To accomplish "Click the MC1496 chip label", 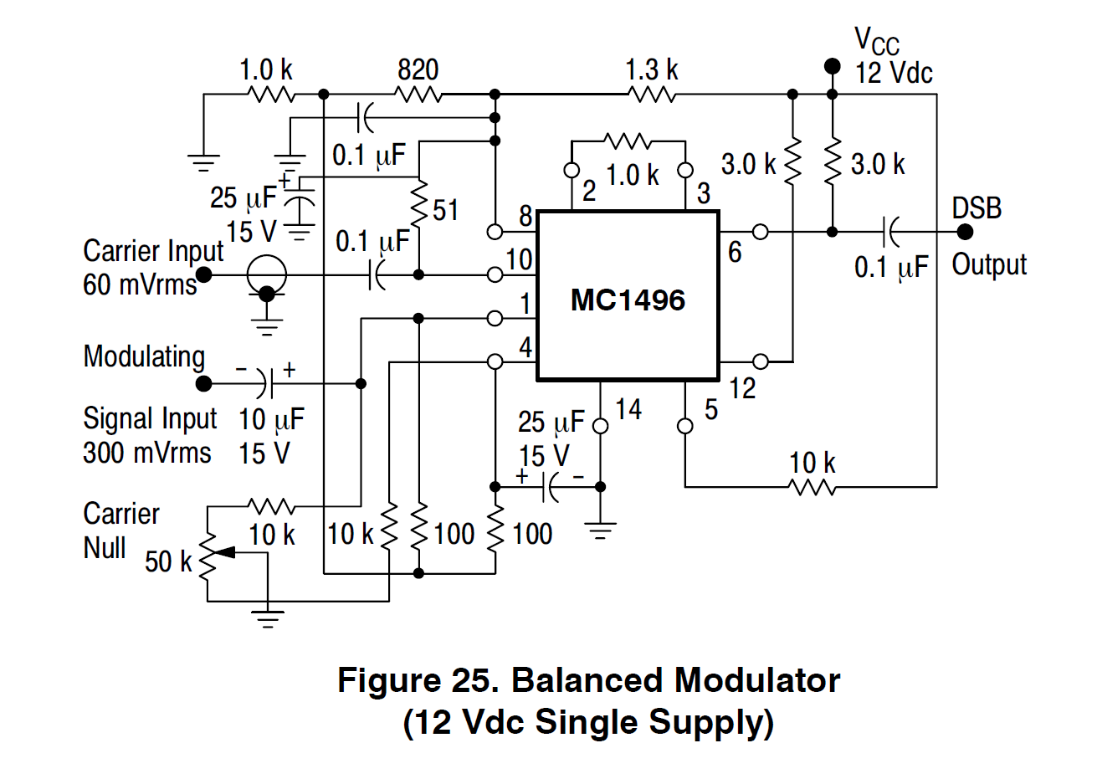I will [x=628, y=300].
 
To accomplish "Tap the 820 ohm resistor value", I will [x=418, y=69].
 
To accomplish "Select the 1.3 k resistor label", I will [x=652, y=69].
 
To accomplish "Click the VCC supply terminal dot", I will [x=832, y=65].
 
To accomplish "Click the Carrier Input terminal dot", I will [x=203, y=274].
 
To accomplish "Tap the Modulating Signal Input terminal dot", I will [x=203, y=384].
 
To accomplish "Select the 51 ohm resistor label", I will [x=445, y=209].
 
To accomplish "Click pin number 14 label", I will [x=628, y=409].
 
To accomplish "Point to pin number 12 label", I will [x=741, y=388].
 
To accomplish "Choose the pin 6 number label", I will [x=735, y=252].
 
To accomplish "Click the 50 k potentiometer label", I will [x=168, y=561].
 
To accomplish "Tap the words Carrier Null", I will [x=121, y=530].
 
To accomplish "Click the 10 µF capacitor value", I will [x=271, y=418].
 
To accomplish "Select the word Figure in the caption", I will [x=386, y=680].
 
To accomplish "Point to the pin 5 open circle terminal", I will [x=685, y=426].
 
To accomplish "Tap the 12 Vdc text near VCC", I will [x=893, y=73].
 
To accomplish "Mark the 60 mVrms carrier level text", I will [x=140, y=284].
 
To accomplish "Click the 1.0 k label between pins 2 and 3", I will [x=633, y=176].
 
